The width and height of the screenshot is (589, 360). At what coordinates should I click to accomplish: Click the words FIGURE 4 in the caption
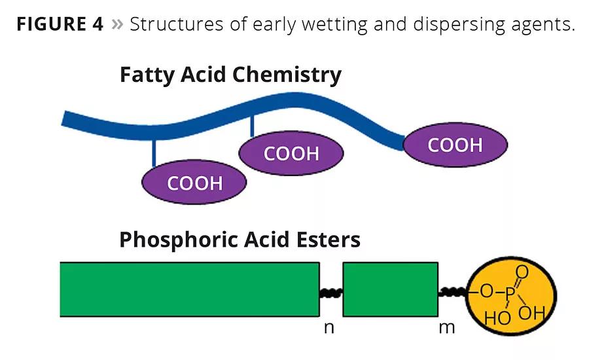(x=60, y=25)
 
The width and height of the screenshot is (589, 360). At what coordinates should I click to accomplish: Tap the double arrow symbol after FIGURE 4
(x=117, y=26)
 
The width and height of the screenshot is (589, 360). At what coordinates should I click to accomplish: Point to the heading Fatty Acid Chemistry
(x=230, y=75)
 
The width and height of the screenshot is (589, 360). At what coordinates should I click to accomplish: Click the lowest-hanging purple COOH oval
(x=194, y=183)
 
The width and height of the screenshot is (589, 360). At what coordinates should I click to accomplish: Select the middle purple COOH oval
(x=291, y=154)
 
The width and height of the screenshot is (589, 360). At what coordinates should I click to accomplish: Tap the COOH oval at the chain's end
(x=455, y=145)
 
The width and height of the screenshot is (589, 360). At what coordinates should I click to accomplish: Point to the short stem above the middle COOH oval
(x=252, y=126)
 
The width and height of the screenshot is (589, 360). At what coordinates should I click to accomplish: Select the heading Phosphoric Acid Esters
(x=240, y=240)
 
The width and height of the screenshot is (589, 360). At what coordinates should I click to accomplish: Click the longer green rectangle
(x=190, y=289)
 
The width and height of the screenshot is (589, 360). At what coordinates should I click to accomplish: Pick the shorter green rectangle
(x=390, y=289)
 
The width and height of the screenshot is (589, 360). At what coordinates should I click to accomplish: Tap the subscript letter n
(x=329, y=327)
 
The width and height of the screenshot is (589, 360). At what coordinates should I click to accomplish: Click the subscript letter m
(x=446, y=327)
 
